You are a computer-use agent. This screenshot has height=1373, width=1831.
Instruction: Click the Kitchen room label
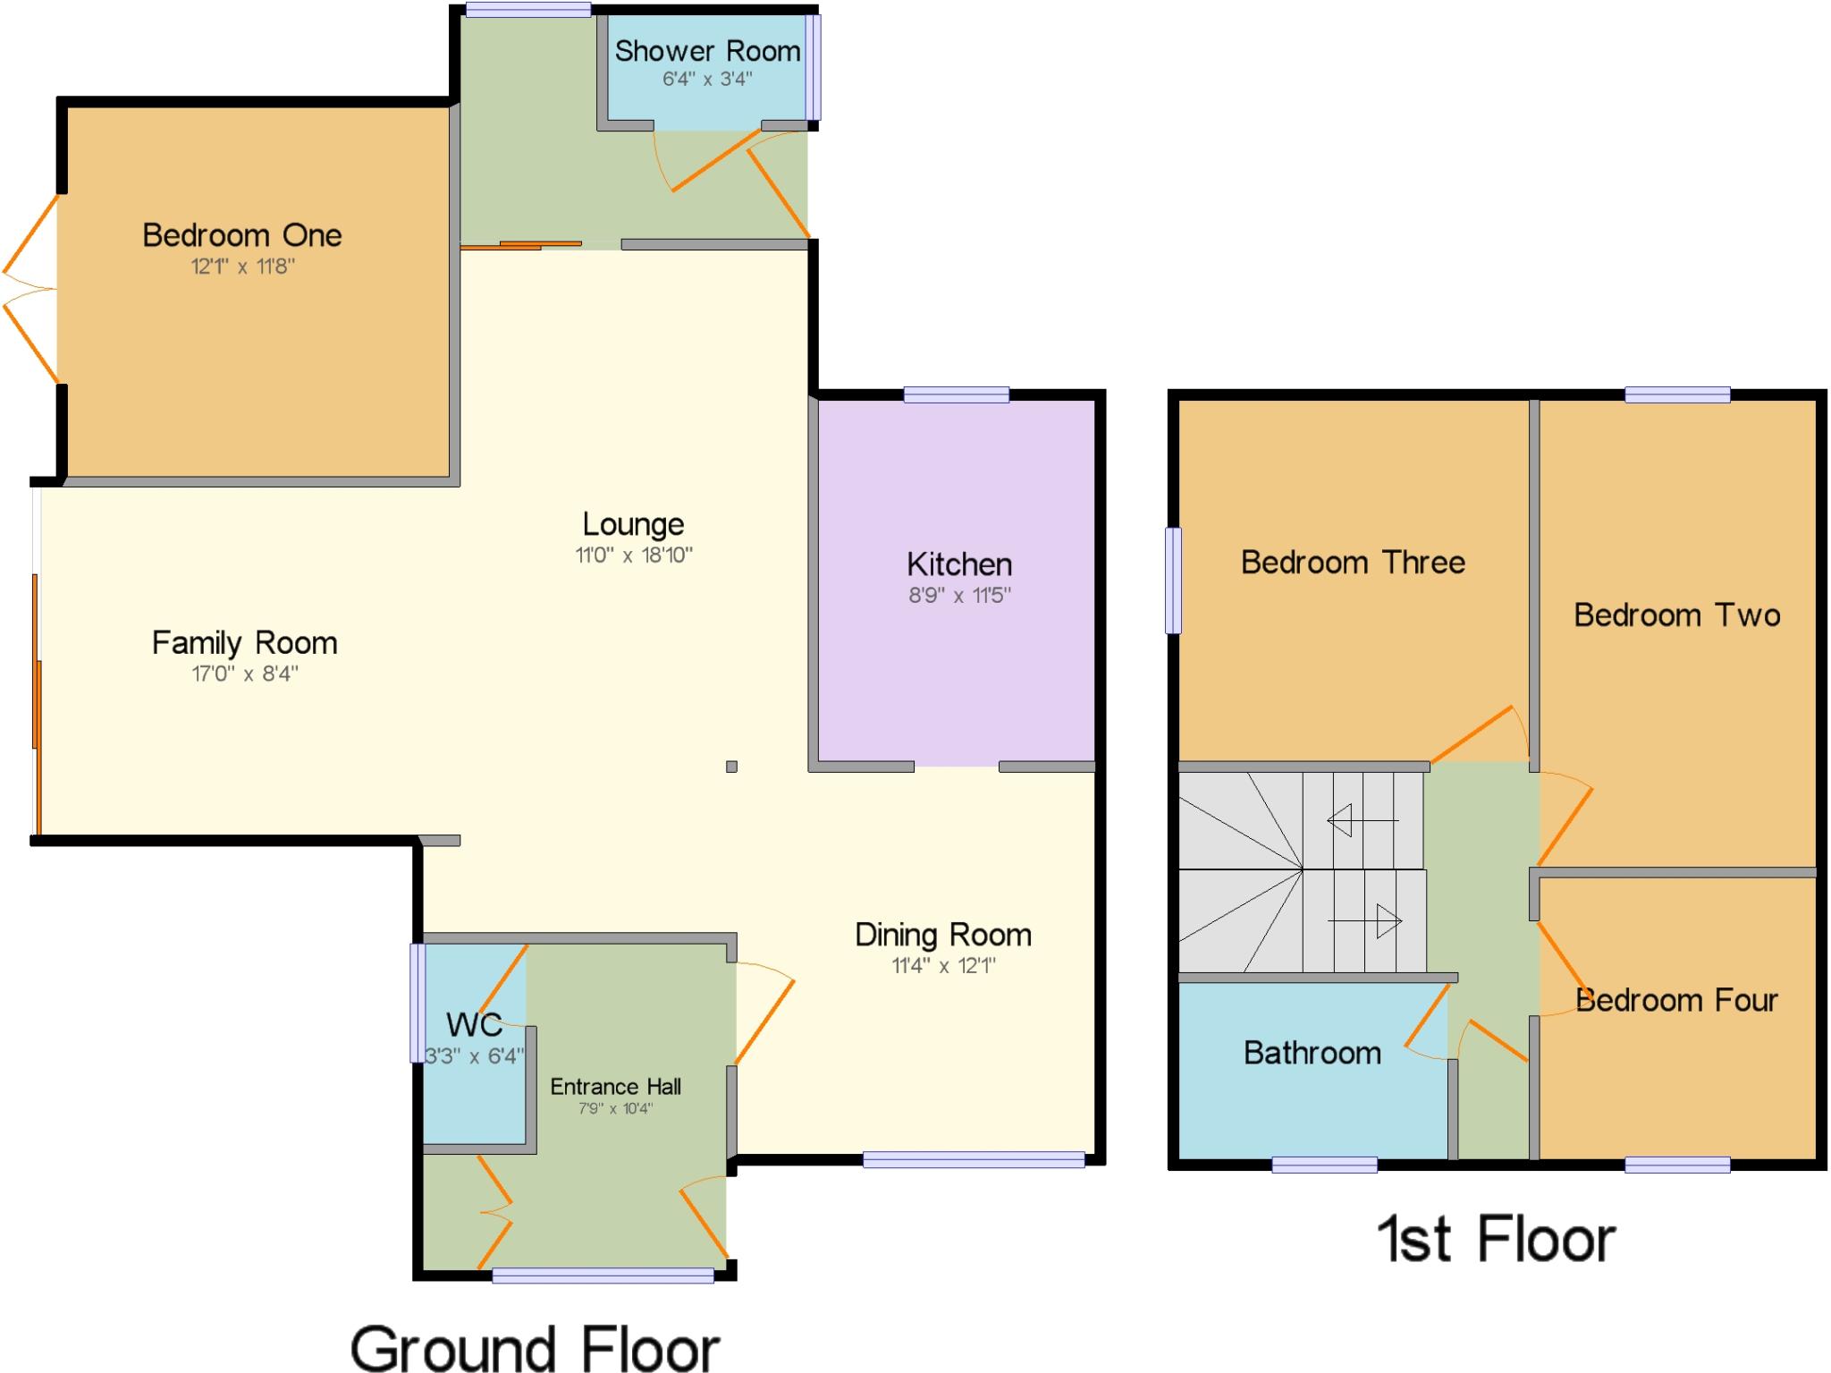click(959, 564)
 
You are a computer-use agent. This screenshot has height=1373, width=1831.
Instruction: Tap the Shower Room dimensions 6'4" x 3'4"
click(706, 79)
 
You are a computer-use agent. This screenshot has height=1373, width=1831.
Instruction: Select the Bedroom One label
click(242, 235)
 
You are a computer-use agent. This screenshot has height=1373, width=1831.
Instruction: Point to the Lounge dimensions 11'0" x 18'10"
click(633, 555)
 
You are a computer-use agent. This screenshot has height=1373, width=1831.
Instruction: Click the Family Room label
click(244, 642)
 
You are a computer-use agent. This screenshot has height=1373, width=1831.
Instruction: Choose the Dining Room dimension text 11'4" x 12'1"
click(943, 965)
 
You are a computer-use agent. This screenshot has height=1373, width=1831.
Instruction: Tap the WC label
click(474, 1024)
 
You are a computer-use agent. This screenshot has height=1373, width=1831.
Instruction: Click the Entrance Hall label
click(615, 1087)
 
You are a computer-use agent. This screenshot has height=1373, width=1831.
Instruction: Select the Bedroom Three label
click(1353, 563)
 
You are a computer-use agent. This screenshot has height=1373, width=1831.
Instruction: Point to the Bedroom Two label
click(1676, 615)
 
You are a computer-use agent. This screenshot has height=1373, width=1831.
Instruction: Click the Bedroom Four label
click(1676, 1000)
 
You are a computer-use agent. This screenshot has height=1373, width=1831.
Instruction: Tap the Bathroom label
click(1312, 1053)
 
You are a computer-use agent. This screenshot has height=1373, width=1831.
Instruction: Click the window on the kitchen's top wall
click(956, 394)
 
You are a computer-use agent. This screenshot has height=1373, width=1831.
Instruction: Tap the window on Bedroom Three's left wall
click(1173, 581)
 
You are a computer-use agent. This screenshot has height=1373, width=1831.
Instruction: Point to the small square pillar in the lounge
click(731, 767)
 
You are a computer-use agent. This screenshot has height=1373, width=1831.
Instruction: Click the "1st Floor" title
click(1496, 1240)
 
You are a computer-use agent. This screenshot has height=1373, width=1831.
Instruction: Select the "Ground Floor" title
click(535, 1347)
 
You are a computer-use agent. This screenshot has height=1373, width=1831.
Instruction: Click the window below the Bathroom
click(1324, 1164)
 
